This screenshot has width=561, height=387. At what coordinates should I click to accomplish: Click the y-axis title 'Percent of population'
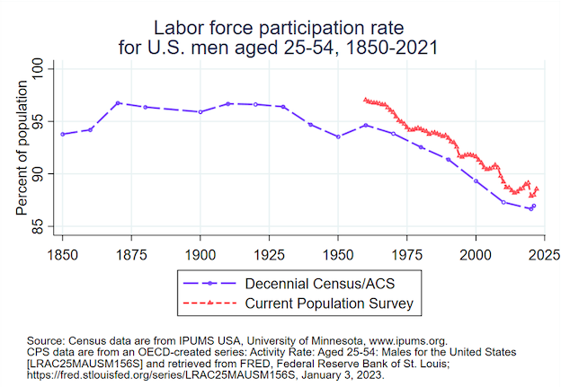point(22,148)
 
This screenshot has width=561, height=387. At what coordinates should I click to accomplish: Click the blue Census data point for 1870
point(118,103)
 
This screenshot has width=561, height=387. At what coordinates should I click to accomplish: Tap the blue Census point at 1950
point(338,136)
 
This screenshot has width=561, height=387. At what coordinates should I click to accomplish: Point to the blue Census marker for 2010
point(503,202)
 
